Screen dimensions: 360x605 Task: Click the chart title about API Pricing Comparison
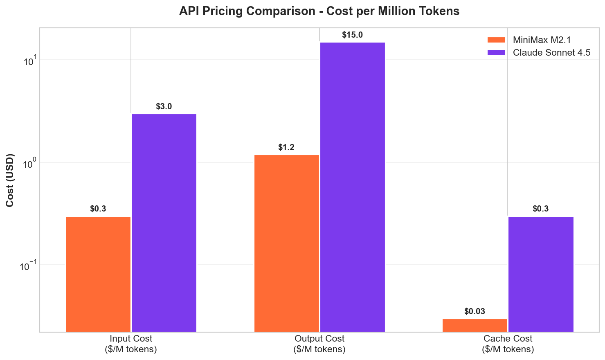(x=319, y=11)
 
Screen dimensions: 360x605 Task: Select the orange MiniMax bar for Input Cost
(x=98, y=274)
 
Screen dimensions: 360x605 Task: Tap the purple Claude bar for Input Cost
(x=164, y=223)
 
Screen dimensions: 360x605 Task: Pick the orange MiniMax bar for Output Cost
(x=286, y=243)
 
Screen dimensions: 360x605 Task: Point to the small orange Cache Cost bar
(x=475, y=325)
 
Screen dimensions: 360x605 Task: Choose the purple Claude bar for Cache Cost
(x=541, y=274)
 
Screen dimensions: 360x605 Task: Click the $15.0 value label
(x=352, y=35)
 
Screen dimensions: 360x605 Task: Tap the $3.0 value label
(x=164, y=107)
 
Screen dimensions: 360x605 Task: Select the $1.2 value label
(x=286, y=148)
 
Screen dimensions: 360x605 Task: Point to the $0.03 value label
(x=475, y=312)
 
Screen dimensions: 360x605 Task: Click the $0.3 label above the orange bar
(x=98, y=209)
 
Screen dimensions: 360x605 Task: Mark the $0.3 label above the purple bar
(x=541, y=209)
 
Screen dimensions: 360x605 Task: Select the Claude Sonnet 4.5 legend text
(x=551, y=53)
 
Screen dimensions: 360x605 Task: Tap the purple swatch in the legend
(x=496, y=53)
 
